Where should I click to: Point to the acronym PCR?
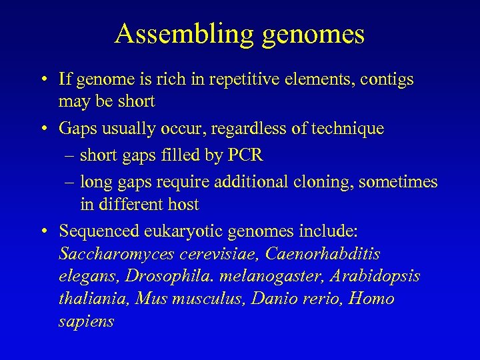(246, 155)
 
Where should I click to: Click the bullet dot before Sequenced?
(43, 231)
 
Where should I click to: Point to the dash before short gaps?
(71, 156)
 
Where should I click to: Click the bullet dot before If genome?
(43, 80)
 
